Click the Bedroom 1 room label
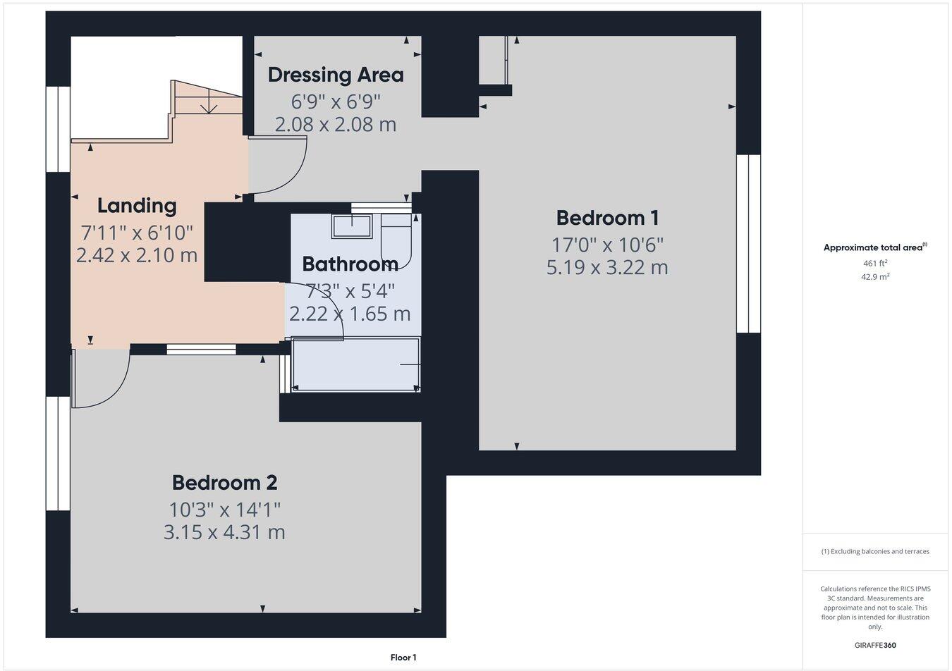click(607, 218)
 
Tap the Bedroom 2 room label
click(224, 483)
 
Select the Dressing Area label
click(336, 74)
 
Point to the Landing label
click(137, 206)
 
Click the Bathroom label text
click(350, 264)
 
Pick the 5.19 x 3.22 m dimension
click(607, 268)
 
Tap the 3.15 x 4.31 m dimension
click(224, 532)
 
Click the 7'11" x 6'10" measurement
click(137, 231)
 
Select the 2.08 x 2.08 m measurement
click(336, 125)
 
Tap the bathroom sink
click(352, 226)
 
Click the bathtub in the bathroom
click(356, 364)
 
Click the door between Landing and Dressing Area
click(278, 165)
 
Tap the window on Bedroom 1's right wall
click(748, 243)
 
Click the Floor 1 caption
click(403, 658)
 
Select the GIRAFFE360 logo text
click(874, 645)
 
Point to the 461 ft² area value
click(875, 264)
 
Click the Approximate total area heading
click(875, 247)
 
